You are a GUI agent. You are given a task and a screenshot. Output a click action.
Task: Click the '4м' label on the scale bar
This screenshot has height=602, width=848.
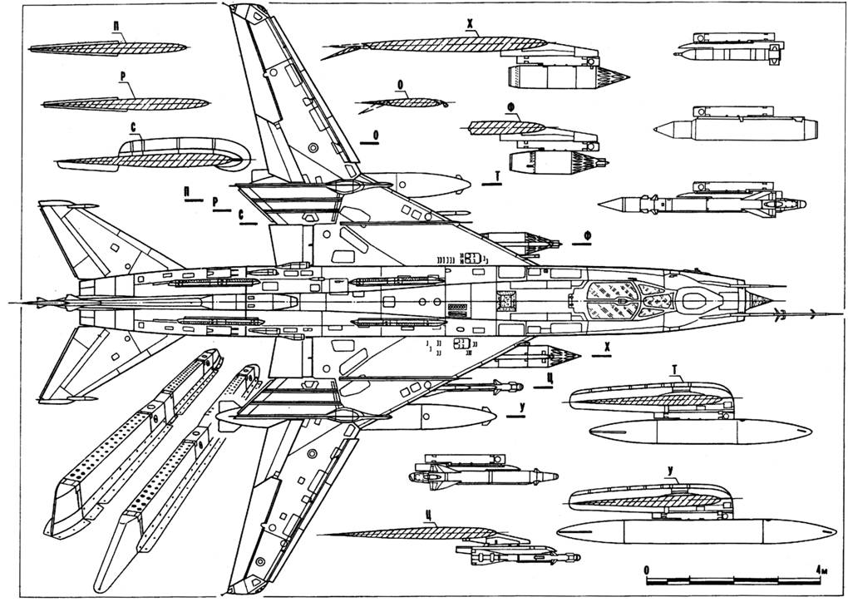point(823,570)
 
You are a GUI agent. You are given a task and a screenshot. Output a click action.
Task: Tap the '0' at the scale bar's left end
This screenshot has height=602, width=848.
point(647,570)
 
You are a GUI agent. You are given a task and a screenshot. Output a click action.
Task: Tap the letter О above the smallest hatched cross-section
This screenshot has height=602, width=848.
point(402,85)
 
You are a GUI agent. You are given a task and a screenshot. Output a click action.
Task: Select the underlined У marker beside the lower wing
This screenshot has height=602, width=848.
point(521,407)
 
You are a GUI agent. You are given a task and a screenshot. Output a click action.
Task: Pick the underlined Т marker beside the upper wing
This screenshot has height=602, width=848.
point(495,178)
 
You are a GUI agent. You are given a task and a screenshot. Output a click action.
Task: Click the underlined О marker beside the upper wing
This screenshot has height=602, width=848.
point(377,134)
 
